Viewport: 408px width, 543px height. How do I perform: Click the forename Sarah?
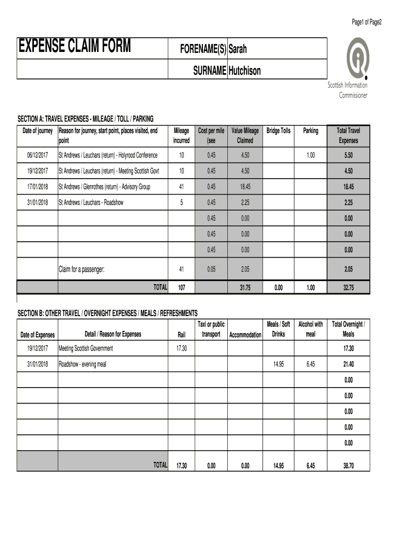point(237,49)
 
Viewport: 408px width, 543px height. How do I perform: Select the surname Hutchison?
point(244,71)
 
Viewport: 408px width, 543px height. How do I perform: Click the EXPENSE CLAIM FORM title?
point(74,47)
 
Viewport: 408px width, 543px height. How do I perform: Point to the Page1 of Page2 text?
point(367,22)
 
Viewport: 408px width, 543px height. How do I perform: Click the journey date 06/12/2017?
point(37,155)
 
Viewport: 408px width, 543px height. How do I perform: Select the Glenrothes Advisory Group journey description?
point(104,187)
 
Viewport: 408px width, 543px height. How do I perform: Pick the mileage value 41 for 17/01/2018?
point(181,187)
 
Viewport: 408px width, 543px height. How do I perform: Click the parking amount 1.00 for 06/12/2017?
point(311,155)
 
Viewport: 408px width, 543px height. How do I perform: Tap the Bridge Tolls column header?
point(278,130)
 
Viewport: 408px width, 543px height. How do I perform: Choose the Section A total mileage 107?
point(181,287)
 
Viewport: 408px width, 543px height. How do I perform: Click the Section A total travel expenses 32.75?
point(348,287)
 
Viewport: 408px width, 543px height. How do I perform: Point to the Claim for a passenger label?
point(82,269)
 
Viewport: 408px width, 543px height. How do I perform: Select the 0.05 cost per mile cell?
point(211,269)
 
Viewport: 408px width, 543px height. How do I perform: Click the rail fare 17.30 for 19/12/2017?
point(181,348)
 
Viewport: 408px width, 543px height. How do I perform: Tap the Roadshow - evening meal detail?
point(82,364)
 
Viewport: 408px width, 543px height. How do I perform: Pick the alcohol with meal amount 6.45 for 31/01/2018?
point(311,364)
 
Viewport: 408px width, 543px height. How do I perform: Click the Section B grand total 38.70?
point(348,466)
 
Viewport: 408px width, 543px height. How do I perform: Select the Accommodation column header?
point(245,335)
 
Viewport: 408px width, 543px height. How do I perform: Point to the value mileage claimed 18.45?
point(245,187)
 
